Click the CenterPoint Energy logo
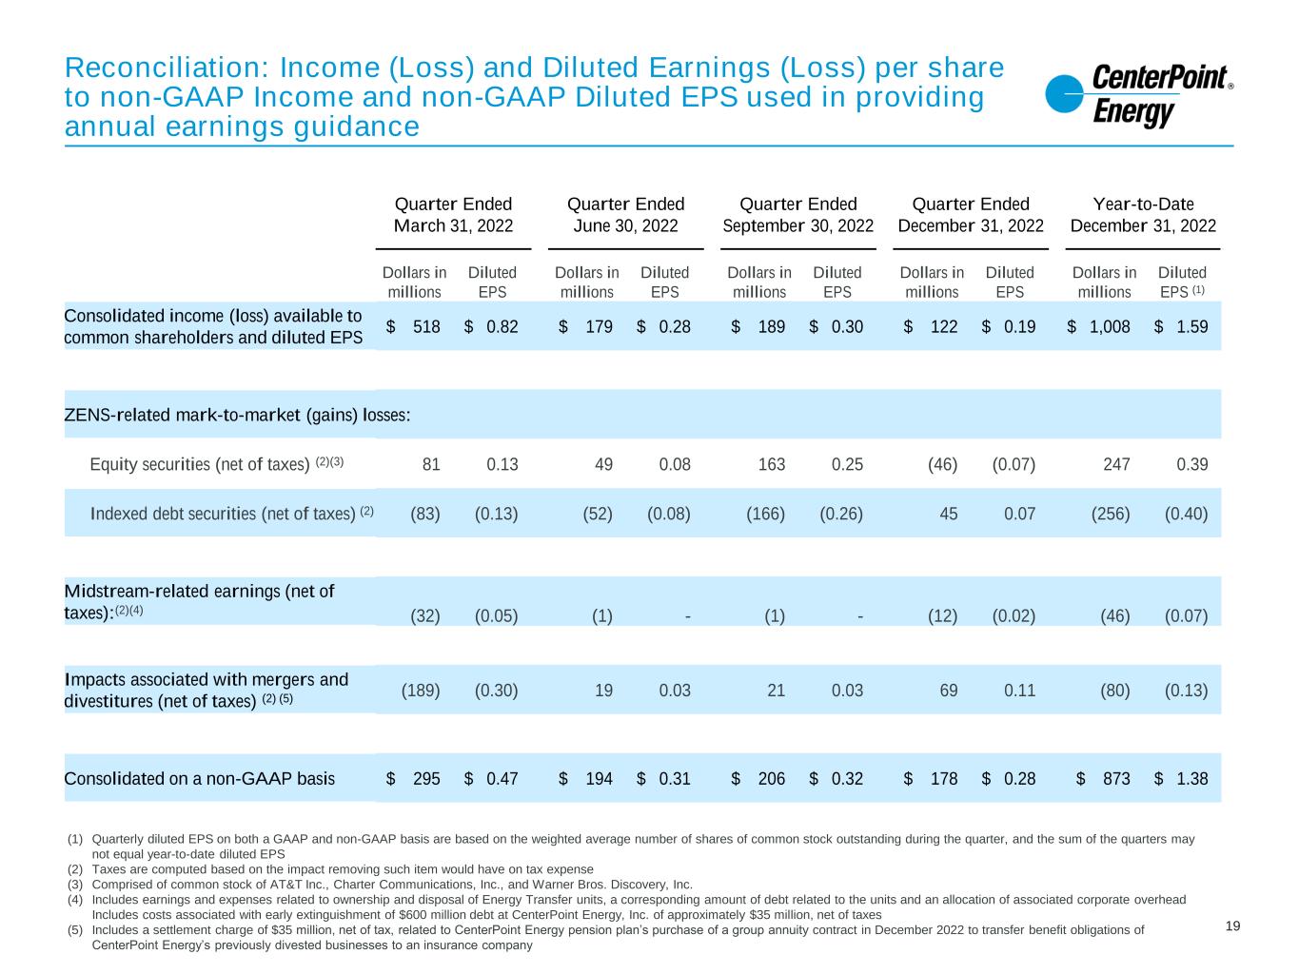(x=1138, y=96)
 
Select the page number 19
(x=1232, y=926)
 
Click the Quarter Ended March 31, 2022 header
(x=453, y=215)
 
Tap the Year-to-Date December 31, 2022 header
(x=1143, y=215)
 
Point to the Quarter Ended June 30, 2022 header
(x=625, y=215)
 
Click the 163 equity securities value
(x=772, y=464)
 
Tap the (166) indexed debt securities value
(x=766, y=514)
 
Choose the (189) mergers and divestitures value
(x=421, y=690)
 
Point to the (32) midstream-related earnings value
(x=424, y=615)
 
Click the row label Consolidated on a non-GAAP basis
(x=199, y=778)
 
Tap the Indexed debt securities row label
(x=223, y=514)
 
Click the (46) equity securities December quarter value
(x=942, y=464)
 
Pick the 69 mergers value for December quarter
(x=948, y=690)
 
